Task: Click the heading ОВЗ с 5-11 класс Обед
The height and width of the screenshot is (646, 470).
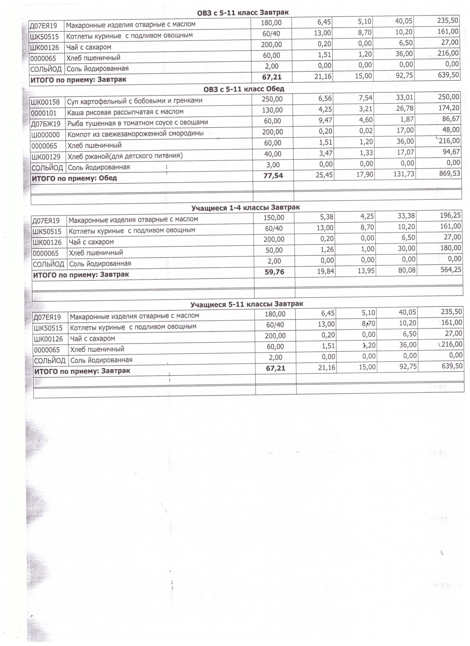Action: (244, 89)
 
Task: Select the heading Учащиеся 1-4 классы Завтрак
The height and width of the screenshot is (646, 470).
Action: (245, 208)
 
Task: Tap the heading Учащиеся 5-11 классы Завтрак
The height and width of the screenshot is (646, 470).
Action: (247, 304)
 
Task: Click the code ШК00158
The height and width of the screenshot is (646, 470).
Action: (46, 102)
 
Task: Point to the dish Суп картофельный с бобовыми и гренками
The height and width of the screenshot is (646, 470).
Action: (134, 101)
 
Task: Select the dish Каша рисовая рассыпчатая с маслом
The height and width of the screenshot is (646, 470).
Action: (125, 112)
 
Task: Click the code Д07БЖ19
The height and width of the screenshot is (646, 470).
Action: (46, 124)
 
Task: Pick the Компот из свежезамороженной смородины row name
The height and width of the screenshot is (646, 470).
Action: (135, 133)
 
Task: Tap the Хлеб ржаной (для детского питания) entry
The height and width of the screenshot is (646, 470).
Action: (125, 156)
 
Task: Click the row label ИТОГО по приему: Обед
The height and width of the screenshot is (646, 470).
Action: (74, 178)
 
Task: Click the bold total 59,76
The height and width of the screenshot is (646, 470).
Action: (274, 272)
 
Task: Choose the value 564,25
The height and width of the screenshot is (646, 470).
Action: (451, 270)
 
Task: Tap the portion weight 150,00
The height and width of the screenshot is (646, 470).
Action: (273, 218)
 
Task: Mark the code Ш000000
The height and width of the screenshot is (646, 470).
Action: (46, 135)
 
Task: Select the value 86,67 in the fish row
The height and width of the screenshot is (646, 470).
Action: (451, 119)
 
